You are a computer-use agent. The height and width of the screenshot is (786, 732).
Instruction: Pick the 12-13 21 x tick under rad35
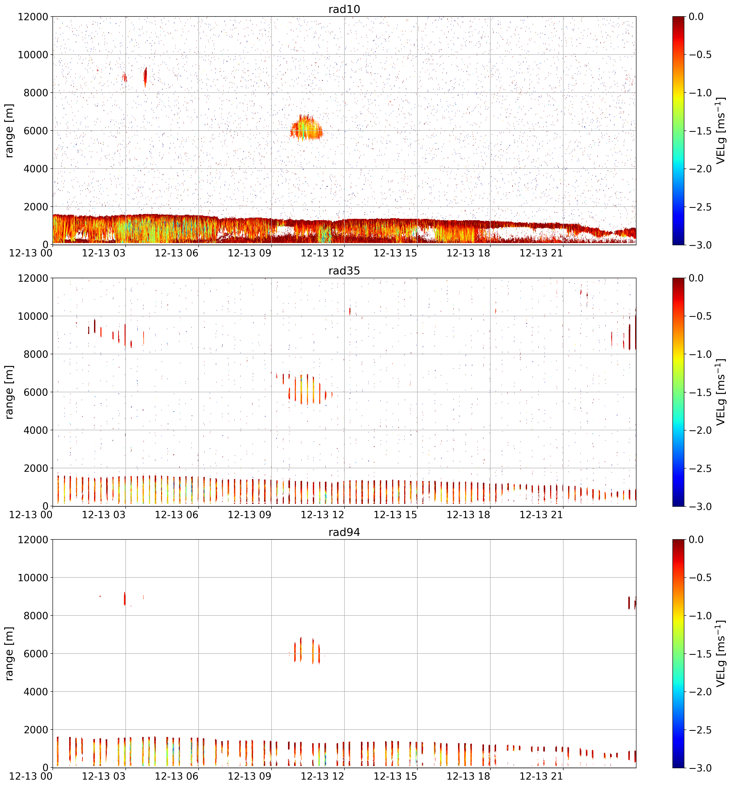point(541,515)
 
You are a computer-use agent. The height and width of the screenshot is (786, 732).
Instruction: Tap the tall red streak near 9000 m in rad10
point(145,77)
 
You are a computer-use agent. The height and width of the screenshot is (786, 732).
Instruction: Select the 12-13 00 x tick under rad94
point(31,776)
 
